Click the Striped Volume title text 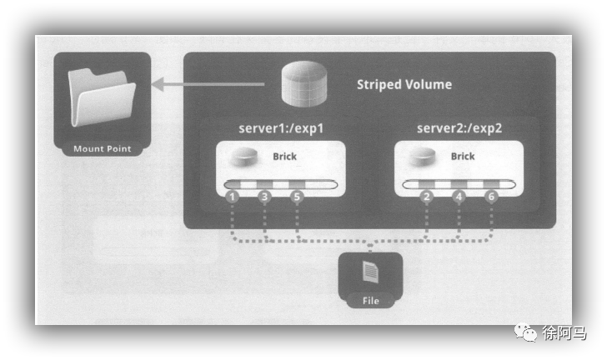point(404,84)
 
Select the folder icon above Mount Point point(101,99)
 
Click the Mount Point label point(102,149)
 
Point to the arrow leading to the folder point(208,83)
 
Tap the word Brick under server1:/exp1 point(284,156)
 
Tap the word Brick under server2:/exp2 point(463,156)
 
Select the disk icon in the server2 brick point(424,156)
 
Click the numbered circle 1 point(233,197)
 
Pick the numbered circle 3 point(264,197)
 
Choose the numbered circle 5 point(296,197)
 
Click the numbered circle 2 point(427,197)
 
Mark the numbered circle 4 point(459,197)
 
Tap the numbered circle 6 point(490,197)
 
